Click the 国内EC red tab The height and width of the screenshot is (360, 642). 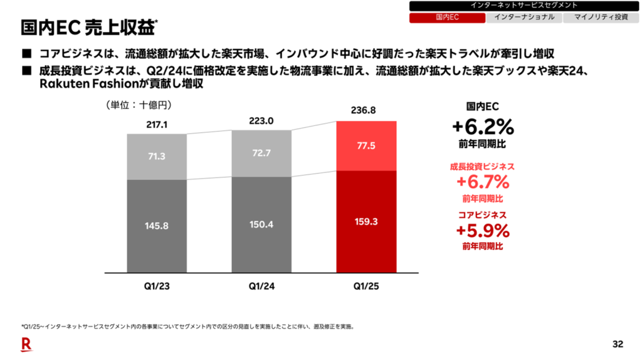tap(447, 18)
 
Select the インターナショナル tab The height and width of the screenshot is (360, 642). tap(524, 18)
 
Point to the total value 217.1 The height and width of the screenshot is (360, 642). tap(157, 125)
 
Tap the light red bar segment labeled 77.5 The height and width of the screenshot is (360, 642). tap(367, 146)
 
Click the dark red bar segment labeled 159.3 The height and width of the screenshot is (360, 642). tap(367, 221)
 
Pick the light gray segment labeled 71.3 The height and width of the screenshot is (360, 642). tap(157, 156)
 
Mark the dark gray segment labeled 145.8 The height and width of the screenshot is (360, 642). tap(157, 226)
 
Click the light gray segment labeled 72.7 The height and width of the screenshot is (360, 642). tap(261, 153)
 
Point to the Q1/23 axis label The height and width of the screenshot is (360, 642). tap(157, 287)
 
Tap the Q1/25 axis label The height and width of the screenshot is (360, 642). tap(367, 287)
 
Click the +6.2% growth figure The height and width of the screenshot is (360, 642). tap(483, 127)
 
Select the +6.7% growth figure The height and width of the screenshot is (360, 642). tap(483, 183)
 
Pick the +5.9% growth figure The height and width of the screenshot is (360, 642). tap(483, 231)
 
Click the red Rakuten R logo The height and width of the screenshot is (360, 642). tap(26, 343)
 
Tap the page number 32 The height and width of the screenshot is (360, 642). tap(618, 344)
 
